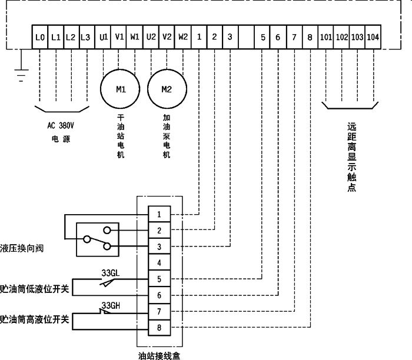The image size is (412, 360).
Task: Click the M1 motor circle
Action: click(120, 89)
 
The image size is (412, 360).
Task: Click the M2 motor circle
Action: click(167, 89)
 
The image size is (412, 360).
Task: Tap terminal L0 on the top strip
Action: click(40, 37)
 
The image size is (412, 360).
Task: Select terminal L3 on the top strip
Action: click(85, 37)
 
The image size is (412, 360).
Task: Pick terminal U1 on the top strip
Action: click(104, 37)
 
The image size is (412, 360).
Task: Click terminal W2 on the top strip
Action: click(182, 37)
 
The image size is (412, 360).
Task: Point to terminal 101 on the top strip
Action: click(326, 37)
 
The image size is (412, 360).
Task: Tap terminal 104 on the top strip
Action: click(372, 37)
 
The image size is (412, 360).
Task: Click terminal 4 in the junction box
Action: click(160, 262)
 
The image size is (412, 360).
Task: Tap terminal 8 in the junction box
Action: click(160, 327)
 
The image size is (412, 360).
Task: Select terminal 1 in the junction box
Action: click(160, 212)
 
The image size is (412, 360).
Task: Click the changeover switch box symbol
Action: click(97, 239)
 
